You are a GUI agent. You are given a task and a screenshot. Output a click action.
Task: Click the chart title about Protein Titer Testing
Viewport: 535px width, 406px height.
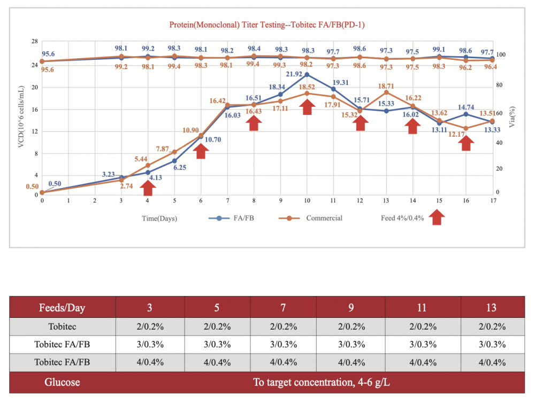click(267, 25)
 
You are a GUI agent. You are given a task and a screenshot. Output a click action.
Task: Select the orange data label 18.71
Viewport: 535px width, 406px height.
click(386, 85)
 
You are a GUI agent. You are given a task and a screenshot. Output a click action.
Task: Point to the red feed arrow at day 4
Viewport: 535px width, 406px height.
click(148, 188)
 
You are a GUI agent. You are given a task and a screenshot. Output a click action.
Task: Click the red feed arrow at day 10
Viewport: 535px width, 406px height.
click(307, 106)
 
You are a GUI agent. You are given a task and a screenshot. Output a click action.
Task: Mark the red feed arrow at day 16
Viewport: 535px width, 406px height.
click(466, 143)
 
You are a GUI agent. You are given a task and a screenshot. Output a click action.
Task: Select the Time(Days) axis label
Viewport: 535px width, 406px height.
click(159, 218)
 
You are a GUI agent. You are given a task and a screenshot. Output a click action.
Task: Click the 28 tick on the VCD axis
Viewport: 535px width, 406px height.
click(34, 41)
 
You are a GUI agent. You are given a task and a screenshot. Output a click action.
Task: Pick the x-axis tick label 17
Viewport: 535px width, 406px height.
click(492, 200)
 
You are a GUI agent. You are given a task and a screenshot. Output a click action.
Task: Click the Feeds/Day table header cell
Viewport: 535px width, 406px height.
click(62, 308)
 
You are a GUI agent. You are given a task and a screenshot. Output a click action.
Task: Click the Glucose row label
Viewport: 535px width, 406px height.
click(62, 382)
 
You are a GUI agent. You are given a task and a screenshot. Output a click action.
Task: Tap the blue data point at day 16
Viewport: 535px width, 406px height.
click(466, 114)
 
